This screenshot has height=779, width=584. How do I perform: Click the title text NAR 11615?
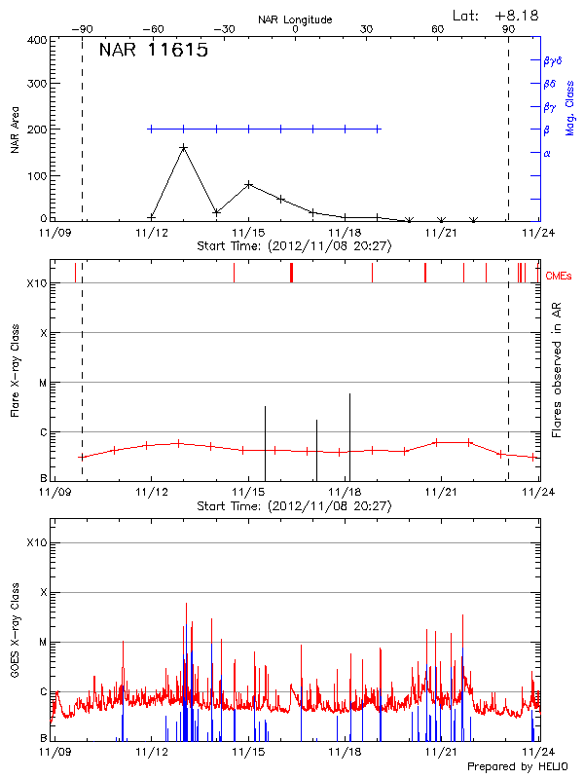point(153,52)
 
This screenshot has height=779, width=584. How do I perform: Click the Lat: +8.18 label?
point(495,15)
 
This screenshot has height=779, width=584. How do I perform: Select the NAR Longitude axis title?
point(295,19)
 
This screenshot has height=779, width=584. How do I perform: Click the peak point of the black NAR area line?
point(183,148)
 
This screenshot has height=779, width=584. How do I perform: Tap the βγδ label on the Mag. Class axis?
point(552,60)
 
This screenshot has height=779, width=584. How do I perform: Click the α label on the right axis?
point(547,153)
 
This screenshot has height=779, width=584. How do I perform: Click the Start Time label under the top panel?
point(294,246)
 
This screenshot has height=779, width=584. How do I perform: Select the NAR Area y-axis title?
point(15,130)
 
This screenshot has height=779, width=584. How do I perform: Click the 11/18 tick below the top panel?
point(346,233)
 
